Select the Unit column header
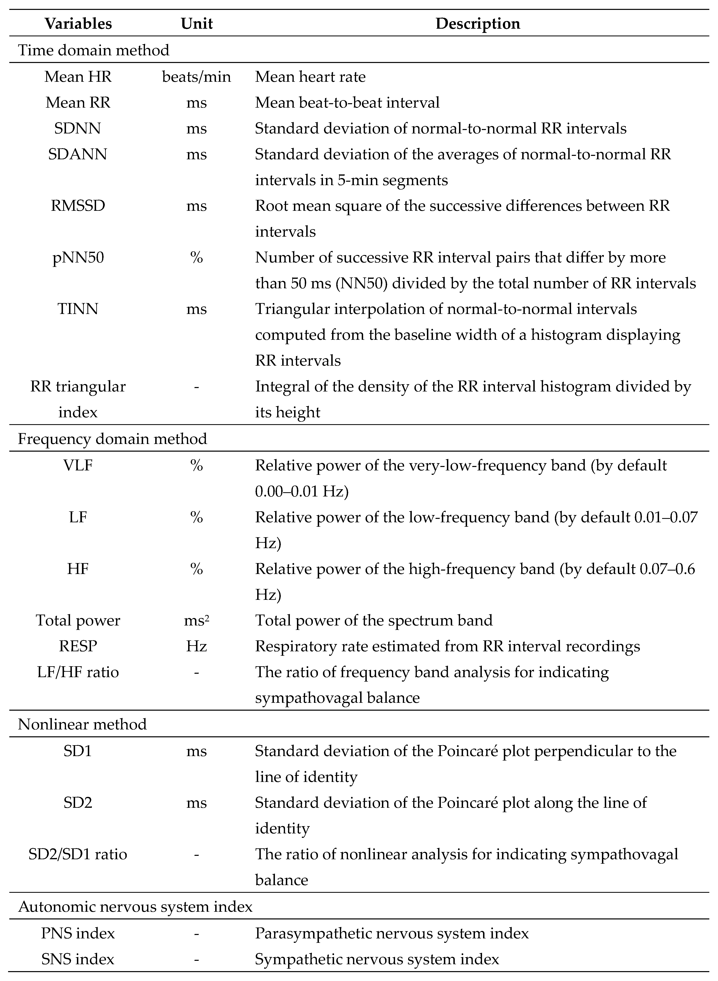coord(196,23)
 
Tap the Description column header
coord(478,23)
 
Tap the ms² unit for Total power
coord(196,620)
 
